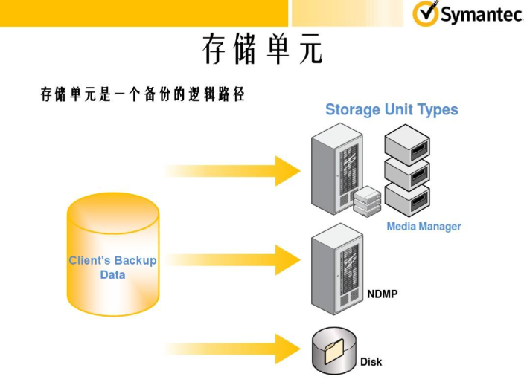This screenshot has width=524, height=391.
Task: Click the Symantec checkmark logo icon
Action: pos(426,14)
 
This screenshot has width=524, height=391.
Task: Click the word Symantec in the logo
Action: pos(480,15)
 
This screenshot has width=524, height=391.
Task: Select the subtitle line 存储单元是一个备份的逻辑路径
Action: pos(142,96)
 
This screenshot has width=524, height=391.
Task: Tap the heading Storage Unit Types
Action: pos(392,110)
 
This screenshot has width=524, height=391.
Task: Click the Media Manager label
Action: pos(424,227)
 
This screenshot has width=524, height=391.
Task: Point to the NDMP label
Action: pos(382,294)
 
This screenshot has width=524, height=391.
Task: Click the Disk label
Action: pos(371,362)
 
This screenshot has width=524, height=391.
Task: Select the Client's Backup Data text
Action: pos(112,268)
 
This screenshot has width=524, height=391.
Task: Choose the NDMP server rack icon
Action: pos(335,269)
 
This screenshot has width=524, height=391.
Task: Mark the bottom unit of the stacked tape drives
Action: pos(407,199)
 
